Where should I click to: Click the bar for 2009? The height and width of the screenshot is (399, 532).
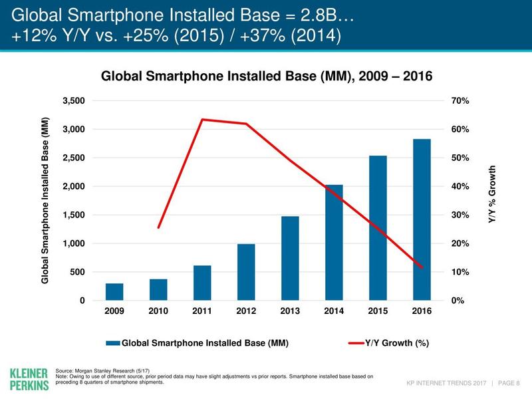pos(114,292)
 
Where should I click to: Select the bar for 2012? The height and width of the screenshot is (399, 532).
pos(246,273)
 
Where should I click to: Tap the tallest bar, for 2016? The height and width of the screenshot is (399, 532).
pos(422,219)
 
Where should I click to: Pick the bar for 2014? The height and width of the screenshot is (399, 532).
pos(334,243)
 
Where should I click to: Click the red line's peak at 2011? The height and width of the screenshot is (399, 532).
pos(202,120)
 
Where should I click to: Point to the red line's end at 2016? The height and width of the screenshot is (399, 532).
pos(422,267)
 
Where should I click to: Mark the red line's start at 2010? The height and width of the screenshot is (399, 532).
pos(158,227)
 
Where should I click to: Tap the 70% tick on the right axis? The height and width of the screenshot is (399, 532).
pos(460,101)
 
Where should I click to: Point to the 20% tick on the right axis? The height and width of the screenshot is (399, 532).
pos(460,244)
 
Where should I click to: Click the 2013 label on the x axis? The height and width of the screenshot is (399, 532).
pos(290,311)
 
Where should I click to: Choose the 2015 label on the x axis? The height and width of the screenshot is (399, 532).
pos(378,311)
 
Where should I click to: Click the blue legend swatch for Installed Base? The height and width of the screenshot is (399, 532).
pos(112,343)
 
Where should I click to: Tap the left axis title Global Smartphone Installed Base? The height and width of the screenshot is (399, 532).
pos(45,200)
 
